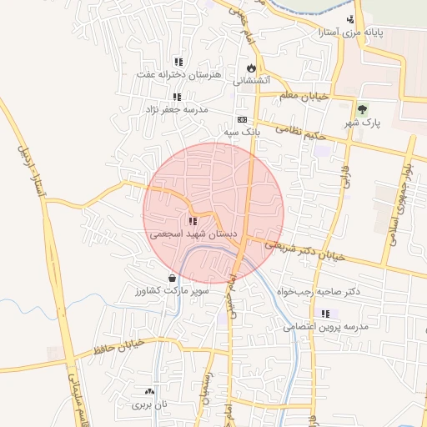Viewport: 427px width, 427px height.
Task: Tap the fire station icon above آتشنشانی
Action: pos(250,68)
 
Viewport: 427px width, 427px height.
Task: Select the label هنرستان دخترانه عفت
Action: pos(180,75)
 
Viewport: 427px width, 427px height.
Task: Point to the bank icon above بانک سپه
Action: pos(242,119)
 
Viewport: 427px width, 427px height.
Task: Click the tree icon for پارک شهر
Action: pos(362,109)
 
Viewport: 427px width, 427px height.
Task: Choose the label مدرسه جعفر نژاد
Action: pos(177,109)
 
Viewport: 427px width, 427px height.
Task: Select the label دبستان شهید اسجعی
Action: pos(194,235)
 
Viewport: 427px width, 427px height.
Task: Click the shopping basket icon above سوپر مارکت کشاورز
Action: pos(172,279)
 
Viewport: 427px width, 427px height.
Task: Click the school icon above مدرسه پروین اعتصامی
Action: pos(326,314)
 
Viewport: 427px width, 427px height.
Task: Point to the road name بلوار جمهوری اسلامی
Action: pos(399,203)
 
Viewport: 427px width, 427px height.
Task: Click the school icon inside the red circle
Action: pos(193,222)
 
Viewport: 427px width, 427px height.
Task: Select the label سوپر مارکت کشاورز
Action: pos(167,292)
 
